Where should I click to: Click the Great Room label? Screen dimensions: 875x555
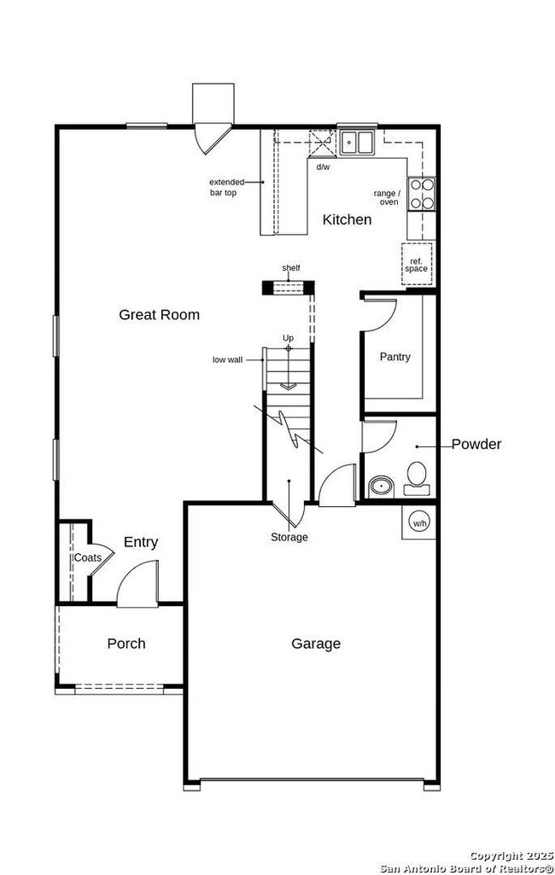[x=159, y=315]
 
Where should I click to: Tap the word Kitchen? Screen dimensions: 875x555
[x=347, y=220]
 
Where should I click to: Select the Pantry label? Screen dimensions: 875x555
[x=394, y=357]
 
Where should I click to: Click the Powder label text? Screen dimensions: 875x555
[x=476, y=444]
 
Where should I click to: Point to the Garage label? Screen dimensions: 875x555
[x=316, y=644]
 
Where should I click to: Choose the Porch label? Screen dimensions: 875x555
[x=126, y=644]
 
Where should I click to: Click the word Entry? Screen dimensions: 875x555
[x=141, y=542]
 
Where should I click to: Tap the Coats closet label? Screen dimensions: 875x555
[x=87, y=557]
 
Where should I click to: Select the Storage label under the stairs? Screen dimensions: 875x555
[x=289, y=537]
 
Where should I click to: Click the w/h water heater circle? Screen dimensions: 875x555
[x=420, y=522]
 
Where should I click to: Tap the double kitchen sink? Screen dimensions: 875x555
[x=358, y=142]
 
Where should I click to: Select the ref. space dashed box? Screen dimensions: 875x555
[x=417, y=263]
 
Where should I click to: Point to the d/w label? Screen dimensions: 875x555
[x=323, y=167]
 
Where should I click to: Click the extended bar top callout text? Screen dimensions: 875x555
[x=226, y=187]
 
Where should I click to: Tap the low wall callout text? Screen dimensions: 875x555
[x=227, y=360]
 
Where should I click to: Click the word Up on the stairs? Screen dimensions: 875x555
[x=289, y=338]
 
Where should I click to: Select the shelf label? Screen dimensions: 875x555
[x=291, y=268]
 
